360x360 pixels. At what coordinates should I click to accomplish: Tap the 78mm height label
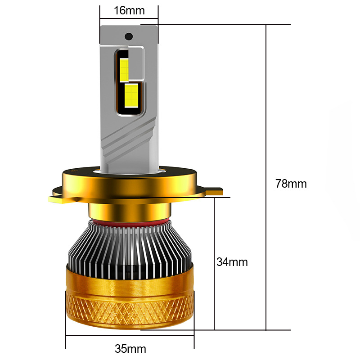[291, 184]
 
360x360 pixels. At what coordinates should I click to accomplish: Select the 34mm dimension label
[232, 262]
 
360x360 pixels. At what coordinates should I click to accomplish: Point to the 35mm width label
[130, 349]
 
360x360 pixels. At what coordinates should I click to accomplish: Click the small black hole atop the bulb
[129, 36]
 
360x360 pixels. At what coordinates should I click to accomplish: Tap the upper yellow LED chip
[124, 68]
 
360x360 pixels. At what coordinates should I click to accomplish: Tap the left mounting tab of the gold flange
[61, 197]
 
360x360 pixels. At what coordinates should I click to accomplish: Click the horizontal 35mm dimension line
[130, 336]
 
